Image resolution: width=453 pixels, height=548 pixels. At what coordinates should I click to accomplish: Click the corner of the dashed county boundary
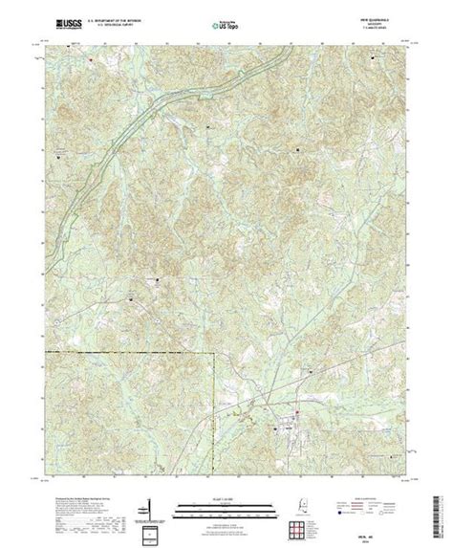(x=214, y=355)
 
